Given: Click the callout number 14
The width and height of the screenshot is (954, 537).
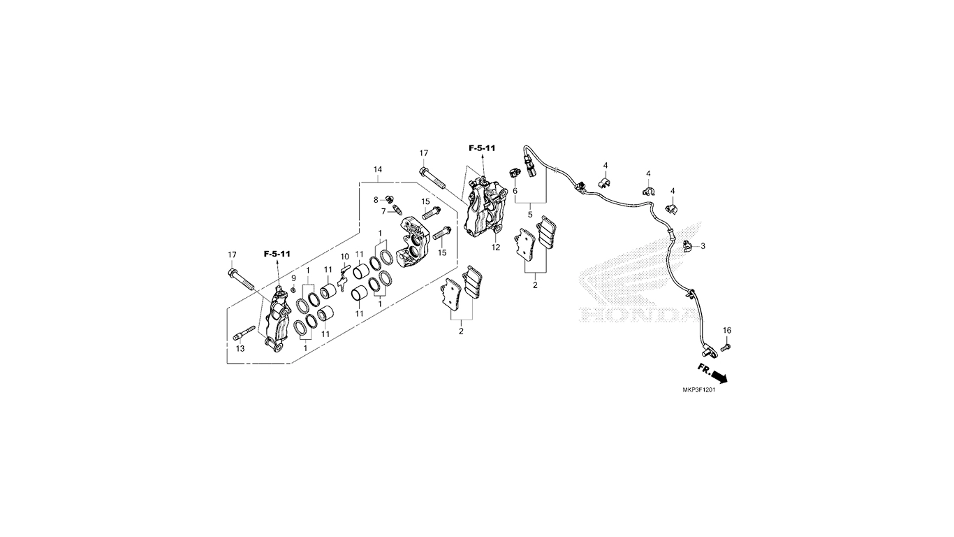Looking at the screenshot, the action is pyautogui.click(x=378, y=169).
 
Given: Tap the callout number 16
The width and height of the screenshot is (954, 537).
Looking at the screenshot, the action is pyautogui.click(x=727, y=330).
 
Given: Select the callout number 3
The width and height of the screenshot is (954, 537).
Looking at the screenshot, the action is pyautogui.click(x=703, y=246).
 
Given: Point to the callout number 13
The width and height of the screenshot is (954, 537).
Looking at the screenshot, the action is pyautogui.click(x=241, y=349).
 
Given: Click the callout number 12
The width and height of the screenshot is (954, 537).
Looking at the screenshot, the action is pyautogui.click(x=496, y=248).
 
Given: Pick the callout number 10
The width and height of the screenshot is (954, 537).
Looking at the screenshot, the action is pyautogui.click(x=345, y=257).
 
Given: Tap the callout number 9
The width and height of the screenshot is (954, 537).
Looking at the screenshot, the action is pyautogui.click(x=293, y=278).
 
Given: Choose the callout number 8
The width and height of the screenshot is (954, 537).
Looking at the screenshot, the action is pyautogui.click(x=376, y=199).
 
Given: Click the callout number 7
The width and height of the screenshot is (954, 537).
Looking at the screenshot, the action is pyautogui.click(x=383, y=211).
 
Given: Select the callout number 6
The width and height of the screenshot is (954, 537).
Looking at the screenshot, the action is pyautogui.click(x=515, y=191).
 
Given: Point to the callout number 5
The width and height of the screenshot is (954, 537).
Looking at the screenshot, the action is pyautogui.click(x=530, y=215).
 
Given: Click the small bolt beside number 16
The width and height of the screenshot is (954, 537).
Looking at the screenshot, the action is pyautogui.click(x=726, y=348).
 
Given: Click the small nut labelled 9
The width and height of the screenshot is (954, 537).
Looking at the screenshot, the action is pyautogui.click(x=293, y=289).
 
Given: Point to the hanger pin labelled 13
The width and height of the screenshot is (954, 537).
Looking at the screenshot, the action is pyautogui.click(x=244, y=333).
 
